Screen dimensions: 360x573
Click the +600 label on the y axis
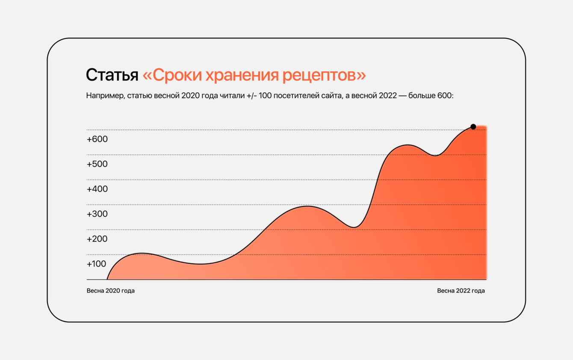97,139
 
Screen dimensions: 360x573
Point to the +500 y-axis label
97,164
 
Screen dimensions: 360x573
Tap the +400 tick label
97,189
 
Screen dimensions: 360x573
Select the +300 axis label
97,214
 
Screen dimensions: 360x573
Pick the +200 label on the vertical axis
97,239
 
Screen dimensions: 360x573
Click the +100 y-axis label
96,264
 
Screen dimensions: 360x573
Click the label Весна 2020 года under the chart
111,291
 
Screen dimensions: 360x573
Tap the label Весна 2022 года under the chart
461,291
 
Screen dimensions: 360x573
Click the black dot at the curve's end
473,127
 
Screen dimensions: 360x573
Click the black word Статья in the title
112,75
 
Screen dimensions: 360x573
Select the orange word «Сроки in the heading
172,75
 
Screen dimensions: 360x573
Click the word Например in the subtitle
105,96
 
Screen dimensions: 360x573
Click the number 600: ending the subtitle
445,96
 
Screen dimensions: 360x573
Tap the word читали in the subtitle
232,96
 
